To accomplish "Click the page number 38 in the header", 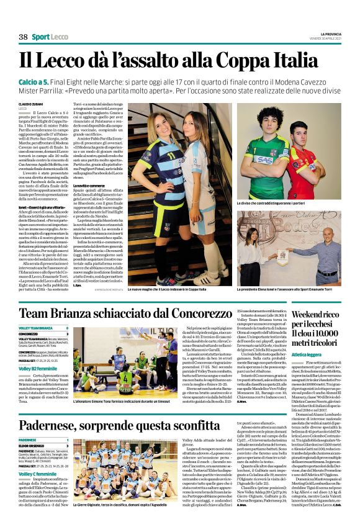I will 23,37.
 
